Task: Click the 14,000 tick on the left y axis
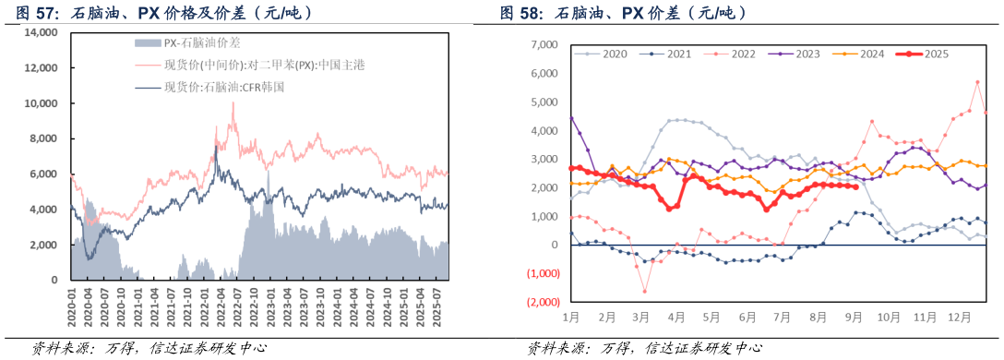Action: (x=41, y=32)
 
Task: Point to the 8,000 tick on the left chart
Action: (x=43, y=138)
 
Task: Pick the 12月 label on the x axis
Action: (x=960, y=317)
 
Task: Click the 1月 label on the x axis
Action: (x=569, y=317)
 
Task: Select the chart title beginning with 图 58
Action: (x=624, y=13)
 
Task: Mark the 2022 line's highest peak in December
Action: (x=976, y=82)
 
